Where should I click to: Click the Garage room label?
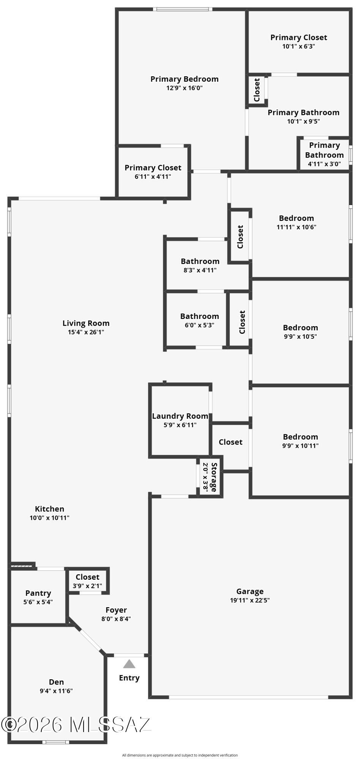(x=250, y=591)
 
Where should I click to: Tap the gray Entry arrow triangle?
(x=129, y=664)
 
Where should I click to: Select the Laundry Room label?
(x=180, y=416)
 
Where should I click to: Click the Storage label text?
(x=214, y=477)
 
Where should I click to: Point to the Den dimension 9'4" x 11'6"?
(x=56, y=691)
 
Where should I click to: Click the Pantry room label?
(x=38, y=593)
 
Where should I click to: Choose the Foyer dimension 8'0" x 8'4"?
(x=116, y=619)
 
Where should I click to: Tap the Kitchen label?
(x=49, y=509)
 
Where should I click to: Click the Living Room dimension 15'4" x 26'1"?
(x=86, y=332)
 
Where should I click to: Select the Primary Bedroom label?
(x=185, y=79)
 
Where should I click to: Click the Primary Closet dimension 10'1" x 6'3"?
(x=298, y=46)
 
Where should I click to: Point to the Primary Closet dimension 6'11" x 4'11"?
(x=153, y=177)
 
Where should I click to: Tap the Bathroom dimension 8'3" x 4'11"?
(x=200, y=270)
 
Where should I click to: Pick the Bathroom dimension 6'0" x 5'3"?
(x=199, y=325)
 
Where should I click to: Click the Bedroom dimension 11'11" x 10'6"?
(x=296, y=227)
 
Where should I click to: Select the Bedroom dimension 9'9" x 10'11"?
(x=300, y=446)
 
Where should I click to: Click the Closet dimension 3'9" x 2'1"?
(x=87, y=586)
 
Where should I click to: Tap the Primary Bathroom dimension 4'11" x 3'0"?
(x=324, y=164)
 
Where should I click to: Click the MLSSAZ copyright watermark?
(x=76, y=724)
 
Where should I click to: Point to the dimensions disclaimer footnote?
(x=180, y=755)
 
